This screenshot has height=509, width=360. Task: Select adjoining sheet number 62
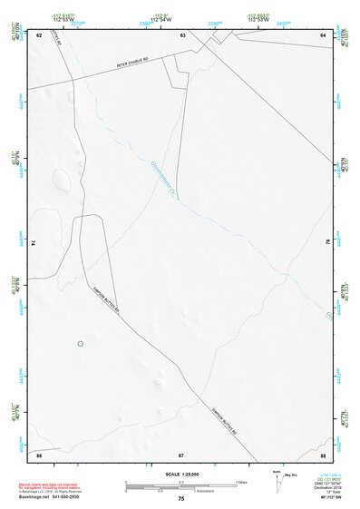click(x=39, y=34)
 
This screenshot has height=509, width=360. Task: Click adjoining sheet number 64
click(x=323, y=34)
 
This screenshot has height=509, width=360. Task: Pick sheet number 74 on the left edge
click(x=37, y=243)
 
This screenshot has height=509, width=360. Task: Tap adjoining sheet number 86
click(x=39, y=454)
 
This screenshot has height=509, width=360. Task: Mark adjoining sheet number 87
click(x=181, y=454)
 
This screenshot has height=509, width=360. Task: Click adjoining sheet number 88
click(x=323, y=454)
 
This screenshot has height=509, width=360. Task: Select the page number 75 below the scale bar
click(x=181, y=498)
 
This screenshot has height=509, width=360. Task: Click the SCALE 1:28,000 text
click(x=181, y=474)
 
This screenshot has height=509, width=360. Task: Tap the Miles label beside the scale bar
click(x=241, y=481)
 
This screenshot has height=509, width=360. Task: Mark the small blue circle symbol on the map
click(x=80, y=343)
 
